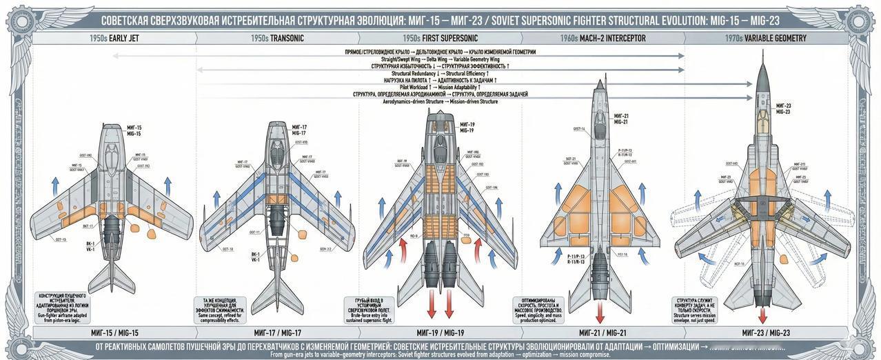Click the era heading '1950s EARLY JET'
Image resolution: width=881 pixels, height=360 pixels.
coord(114,39)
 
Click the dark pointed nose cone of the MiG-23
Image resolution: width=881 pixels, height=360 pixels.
coord(762,76)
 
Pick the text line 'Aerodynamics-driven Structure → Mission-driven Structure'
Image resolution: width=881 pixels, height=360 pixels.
coord(440,101)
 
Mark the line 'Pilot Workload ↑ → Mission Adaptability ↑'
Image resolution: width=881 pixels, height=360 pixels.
coord(440,87)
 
